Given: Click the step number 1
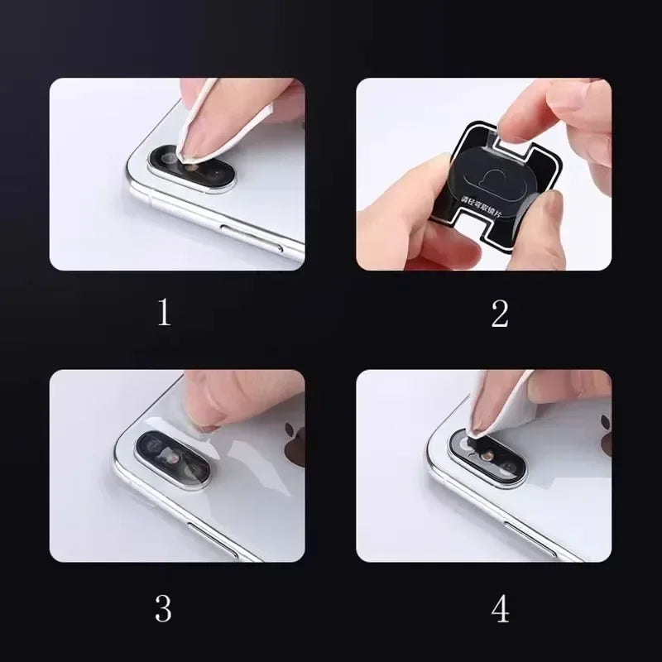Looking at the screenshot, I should click(164, 314).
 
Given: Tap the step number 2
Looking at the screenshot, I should click(500, 314).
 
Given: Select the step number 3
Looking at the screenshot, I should click(164, 608).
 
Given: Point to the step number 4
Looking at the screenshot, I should click(500, 608).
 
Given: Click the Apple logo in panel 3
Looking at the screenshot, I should click(293, 444).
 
